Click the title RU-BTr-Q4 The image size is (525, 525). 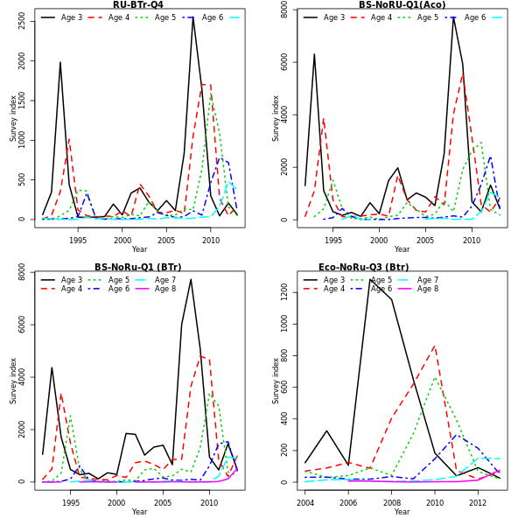point(138,5)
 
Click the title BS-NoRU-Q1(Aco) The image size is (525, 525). point(402,5)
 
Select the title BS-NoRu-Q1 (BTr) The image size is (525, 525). point(138,268)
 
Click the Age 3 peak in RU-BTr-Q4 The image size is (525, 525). point(193,17)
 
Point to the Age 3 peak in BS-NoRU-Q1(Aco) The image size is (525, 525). point(453,17)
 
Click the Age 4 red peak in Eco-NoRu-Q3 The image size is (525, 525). point(435,346)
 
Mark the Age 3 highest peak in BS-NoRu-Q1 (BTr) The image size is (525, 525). point(191,279)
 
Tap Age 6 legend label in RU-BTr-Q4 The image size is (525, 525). point(213,17)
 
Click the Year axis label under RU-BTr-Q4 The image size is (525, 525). point(139,249)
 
